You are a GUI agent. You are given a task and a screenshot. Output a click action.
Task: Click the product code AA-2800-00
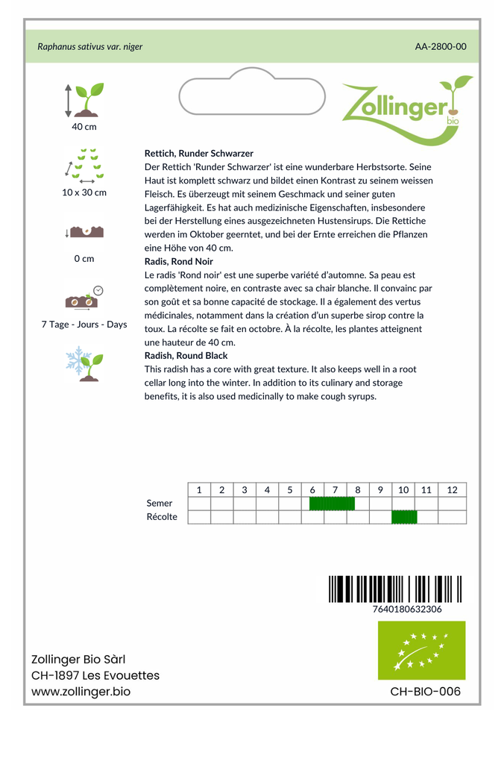[441, 46]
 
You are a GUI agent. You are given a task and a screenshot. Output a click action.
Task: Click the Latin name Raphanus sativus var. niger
[90, 46]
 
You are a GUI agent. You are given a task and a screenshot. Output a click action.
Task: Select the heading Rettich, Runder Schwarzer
[199, 153]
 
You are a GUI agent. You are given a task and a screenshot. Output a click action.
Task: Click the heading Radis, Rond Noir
[179, 262]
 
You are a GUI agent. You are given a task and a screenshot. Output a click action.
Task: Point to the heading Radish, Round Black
[186, 356]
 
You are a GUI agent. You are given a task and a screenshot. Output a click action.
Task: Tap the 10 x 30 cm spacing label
[84, 192]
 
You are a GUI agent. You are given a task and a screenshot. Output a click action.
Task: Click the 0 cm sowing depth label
[84, 259]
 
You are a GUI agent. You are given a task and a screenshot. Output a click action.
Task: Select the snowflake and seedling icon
[84, 363]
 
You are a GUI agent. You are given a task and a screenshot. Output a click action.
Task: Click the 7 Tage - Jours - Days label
[84, 325]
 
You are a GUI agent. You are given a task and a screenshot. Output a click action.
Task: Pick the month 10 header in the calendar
[403, 490]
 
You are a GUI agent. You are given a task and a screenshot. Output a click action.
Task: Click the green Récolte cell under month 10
[404, 517]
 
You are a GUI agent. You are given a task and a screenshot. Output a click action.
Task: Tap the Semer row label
[160, 504]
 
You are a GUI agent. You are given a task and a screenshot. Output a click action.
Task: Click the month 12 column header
[452, 490]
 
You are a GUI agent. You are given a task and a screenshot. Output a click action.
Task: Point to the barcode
[395, 589]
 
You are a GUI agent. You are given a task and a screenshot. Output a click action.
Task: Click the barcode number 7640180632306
[406, 609]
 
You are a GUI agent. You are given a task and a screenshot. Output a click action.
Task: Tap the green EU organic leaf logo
[421, 650]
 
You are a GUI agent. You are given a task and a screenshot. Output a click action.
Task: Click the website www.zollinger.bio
[81, 692]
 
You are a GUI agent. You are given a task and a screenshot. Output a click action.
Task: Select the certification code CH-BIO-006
[425, 692]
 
